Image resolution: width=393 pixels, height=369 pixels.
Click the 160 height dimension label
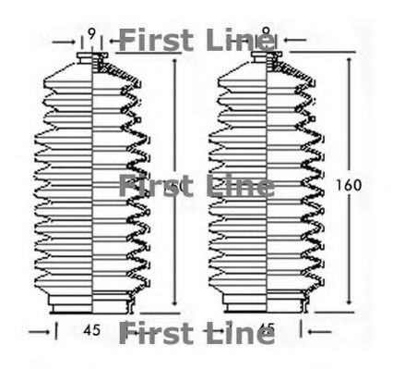(x=350, y=184)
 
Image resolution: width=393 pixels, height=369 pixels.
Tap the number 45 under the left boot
(x=91, y=328)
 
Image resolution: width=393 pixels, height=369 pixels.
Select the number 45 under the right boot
(x=268, y=328)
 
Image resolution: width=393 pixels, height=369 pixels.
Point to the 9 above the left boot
(x=91, y=35)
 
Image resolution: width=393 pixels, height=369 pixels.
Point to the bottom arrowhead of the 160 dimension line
(x=350, y=303)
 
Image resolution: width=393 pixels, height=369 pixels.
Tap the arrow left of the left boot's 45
(x=38, y=328)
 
